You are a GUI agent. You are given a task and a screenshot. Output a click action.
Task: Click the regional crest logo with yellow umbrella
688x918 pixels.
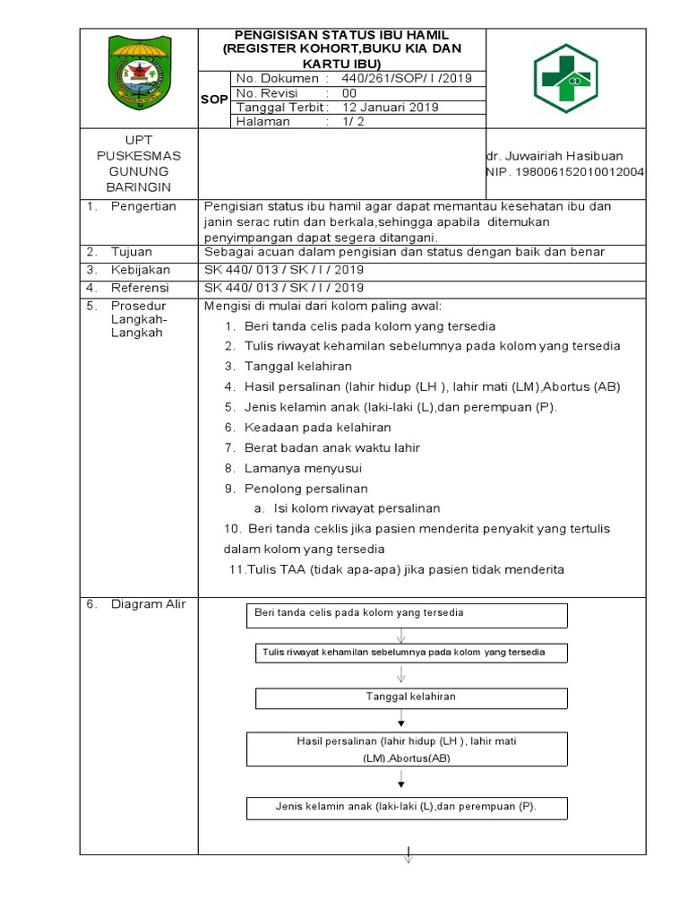pyautogui.click(x=138, y=73)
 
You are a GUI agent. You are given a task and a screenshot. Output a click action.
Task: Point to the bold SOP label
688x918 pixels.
pyautogui.click(x=213, y=100)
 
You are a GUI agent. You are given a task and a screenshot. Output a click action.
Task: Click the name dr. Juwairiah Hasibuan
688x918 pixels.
pyautogui.click(x=554, y=155)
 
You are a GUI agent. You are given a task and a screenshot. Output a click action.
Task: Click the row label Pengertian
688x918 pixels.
pyautogui.click(x=143, y=206)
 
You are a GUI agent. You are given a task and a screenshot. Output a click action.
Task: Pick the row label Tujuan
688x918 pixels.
pyautogui.click(x=132, y=251)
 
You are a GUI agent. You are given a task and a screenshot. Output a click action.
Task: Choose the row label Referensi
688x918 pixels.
pyautogui.click(x=140, y=288)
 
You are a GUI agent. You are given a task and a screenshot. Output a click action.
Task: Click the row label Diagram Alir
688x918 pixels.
pyautogui.click(x=148, y=604)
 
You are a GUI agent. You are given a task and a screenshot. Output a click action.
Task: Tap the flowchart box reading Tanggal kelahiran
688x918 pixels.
pyautogui.click(x=411, y=697)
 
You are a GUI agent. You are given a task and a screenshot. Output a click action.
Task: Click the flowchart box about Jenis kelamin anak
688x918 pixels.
pyautogui.click(x=406, y=807)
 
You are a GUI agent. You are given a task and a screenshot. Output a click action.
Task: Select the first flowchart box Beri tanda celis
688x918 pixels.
pyautogui.click(x=406, y=615)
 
